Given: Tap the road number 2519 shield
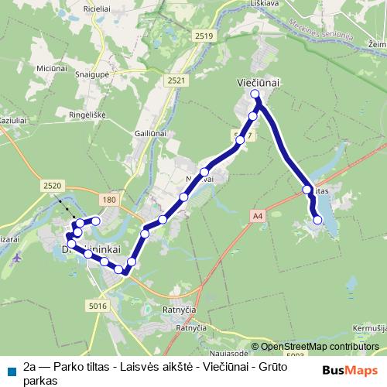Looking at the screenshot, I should tap(204, 36).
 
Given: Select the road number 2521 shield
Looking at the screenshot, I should tap(176, 80).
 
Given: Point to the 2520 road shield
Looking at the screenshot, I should tap(53, 186).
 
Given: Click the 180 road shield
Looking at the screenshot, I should tap(109, 200).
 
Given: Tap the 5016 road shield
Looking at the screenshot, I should tap(98, 307).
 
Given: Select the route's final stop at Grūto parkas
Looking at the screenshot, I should tap(318, 221).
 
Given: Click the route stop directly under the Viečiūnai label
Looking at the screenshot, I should tap(256, 94).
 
